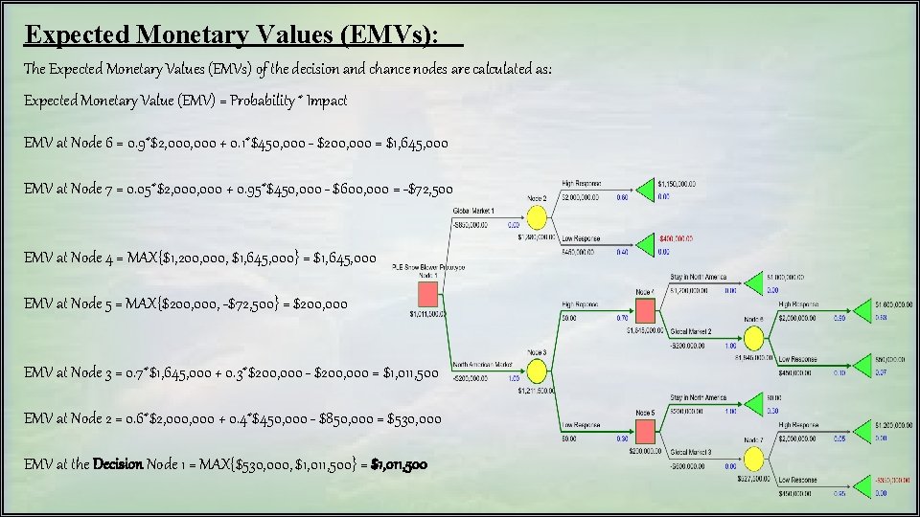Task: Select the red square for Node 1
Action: [x=426, y=295]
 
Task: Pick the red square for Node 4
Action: [x=645, y=310]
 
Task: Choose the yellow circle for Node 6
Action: [x=753, y=337]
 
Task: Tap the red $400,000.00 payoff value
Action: [x=677, y=238]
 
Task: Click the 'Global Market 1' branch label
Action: [x=473, y=210]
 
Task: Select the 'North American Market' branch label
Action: [x=482, y=365]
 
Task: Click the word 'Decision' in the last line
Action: [x=118, y=464]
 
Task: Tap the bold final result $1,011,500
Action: [x=400, y=464]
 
